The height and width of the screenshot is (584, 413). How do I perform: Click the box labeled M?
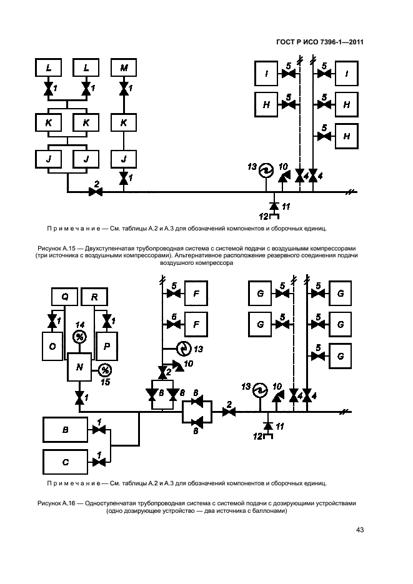point(124,68)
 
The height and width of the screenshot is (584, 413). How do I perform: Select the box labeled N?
point(79,367)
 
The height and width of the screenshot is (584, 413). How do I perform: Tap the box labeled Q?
point(64,297)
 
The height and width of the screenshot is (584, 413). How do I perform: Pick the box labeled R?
point(94,297)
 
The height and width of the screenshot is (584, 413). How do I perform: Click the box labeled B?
point(66,430)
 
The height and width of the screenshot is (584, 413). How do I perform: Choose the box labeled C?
point(66,462)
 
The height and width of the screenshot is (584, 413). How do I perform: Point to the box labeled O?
point(52,346)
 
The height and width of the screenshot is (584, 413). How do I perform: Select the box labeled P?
point(107,346)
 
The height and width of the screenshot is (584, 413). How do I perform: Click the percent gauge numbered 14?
point(79,337)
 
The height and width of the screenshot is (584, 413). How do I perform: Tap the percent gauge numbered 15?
point(106,370)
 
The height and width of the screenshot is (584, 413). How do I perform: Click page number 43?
point(360,530)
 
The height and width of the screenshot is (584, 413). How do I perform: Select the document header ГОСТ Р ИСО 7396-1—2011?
point(320,42)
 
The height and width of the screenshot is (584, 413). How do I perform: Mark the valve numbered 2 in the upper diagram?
point(96,192)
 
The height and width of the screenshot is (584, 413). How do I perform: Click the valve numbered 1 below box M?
point(124,89)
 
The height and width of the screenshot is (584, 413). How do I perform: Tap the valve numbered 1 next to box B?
point(99,430)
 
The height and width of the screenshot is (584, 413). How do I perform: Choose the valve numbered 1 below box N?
point(79,397)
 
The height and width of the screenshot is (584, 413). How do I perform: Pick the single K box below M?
point(124,122)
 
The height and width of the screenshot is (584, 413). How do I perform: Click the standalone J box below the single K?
point(124,159)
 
